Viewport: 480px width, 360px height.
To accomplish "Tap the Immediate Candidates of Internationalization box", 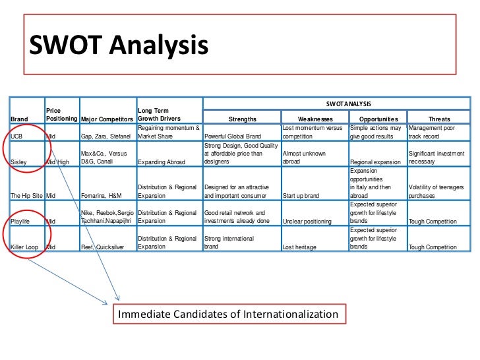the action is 227,315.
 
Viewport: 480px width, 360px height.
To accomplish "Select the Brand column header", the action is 19,119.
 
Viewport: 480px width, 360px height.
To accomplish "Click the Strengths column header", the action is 242,119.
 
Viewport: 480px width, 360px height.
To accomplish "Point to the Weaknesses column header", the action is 315,119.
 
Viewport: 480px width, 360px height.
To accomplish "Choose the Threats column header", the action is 439,119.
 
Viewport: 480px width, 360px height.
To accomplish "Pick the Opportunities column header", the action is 378,119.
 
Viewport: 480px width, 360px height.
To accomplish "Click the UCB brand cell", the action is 17,136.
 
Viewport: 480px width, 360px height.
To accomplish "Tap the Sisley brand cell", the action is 20,162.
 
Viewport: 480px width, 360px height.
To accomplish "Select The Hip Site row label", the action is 26,196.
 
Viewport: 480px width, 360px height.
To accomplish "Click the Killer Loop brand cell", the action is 25,247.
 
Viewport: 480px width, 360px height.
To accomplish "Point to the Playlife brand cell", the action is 22,222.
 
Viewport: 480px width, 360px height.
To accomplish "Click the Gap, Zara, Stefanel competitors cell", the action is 107,136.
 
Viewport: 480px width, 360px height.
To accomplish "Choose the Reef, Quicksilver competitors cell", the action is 102,247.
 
